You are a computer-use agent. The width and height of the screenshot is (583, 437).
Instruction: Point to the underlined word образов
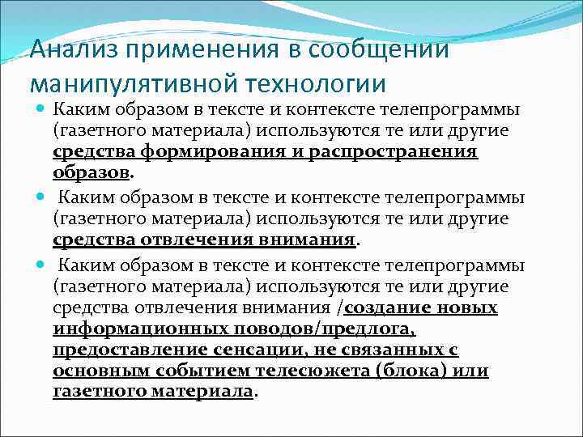coord(91,173)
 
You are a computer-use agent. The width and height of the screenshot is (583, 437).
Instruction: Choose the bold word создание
coord(386,308)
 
